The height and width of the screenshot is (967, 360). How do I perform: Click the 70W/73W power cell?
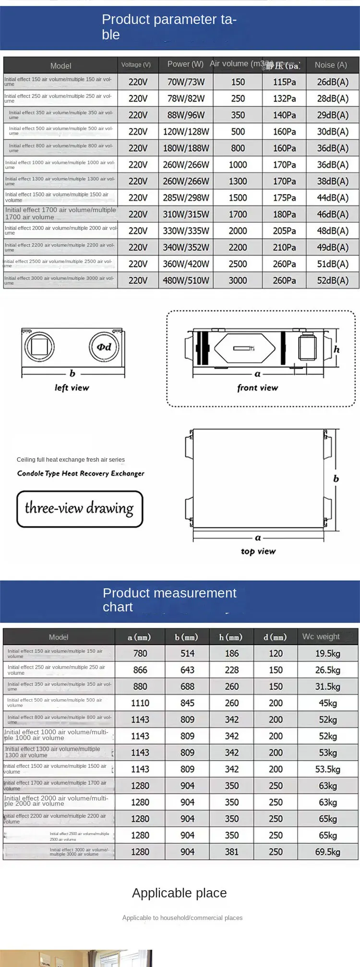click(x=186, y=82)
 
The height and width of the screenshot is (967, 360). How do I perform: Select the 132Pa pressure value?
click(x=284, y=98)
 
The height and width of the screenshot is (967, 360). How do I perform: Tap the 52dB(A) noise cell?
click(x=333, y=280)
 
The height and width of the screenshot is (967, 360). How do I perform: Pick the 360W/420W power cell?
click(x=186, y=264)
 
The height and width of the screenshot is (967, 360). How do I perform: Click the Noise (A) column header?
click(x=331, y=65)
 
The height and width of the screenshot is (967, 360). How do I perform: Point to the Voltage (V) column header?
click(x=136, y=65)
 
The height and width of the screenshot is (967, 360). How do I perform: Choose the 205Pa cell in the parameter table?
click(x=284, y=231)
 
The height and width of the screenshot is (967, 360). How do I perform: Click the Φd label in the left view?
click(x=104, y=347)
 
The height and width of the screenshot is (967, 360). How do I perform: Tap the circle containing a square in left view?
click(x=39, y=346)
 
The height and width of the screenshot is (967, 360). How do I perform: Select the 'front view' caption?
click(x=257, y=388)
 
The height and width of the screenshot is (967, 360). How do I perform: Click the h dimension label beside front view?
click(x=336, y=349)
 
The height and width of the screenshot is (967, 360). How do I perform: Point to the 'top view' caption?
click(x=258, y=551)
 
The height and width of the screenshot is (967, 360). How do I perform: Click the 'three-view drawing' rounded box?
click(x=80, y=509)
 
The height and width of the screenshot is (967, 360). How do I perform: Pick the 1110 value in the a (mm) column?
click(x=140, y=703)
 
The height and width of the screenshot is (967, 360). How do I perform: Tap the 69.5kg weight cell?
click(x=327, y=852)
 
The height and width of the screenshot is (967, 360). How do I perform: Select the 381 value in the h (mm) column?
click(x=232, y=852)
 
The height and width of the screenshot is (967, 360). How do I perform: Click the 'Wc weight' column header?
click(x=321, y=637)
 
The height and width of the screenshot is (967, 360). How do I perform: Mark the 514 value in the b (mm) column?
click(x=187, y=654)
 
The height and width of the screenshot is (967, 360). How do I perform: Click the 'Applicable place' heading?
click(x=180, y=893)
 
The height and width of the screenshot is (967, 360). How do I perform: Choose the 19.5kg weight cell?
click(x=327, y=654)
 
